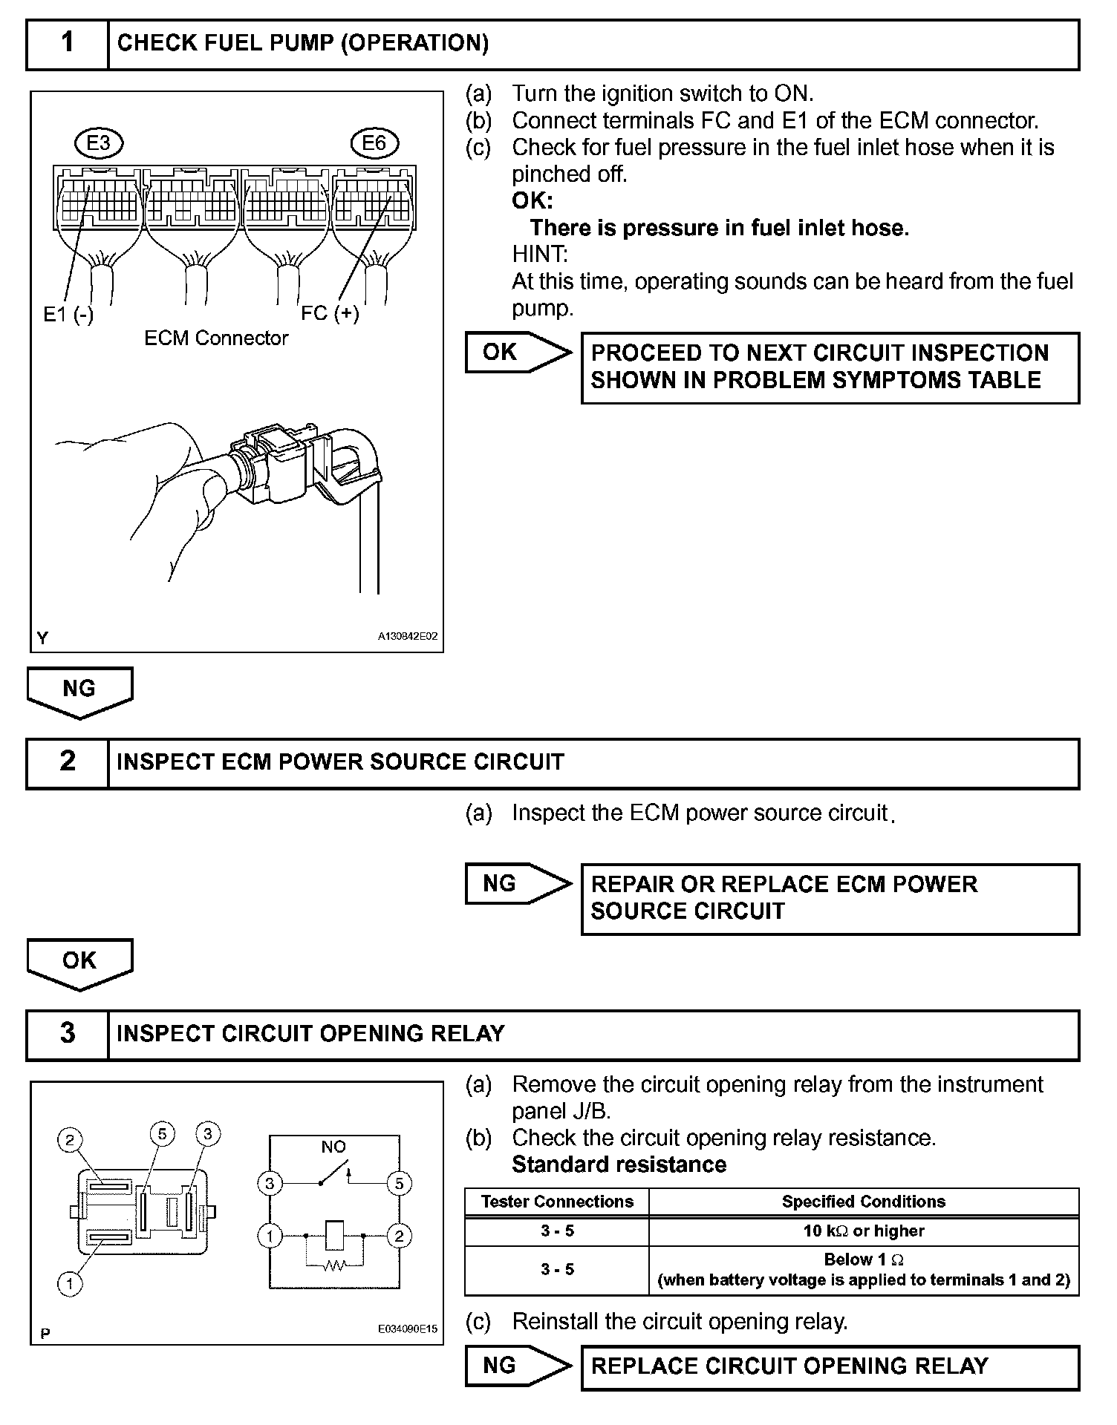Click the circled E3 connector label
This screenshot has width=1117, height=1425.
(x=99, y=142)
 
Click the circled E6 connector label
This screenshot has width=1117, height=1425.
(x=374, y=142)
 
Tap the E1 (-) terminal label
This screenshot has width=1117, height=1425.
(x=68, y=315)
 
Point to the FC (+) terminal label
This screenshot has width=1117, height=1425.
(x=330, y=313)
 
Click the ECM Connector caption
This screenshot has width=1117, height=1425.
(x=216, y=338)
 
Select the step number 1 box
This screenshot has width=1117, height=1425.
(x=68, y=44)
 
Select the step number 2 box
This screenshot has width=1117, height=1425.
(x=68, y=762)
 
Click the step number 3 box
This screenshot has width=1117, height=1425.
(x=68, y=1034)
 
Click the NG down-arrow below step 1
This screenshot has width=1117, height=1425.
(x=79, y=691)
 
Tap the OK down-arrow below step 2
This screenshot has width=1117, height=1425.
(x=79, y=963)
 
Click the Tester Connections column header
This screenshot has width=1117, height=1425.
(x=557, y=1202)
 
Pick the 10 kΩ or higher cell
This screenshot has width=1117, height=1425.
(x=864, y=1231)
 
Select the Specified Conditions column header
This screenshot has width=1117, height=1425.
(x=864, y=1202)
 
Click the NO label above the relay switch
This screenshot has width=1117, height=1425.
(x=333, y=1147)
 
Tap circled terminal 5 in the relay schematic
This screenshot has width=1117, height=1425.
(x=399, y=1183)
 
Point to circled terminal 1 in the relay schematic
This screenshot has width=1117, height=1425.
(x=270, y=1236)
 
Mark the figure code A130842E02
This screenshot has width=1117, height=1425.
(x=408, y=637)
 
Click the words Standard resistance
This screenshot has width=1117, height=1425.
(x=619, y=1164)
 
